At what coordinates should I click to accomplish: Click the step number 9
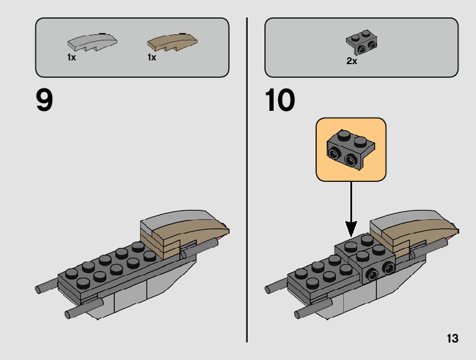point(44,100)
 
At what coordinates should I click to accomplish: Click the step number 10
point(279,100)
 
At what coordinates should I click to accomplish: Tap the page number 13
point(452,339)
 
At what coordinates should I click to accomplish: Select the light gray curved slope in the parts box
point(91,42)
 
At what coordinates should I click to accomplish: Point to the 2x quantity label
point(352,61)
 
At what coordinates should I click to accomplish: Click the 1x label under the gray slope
point(72,57)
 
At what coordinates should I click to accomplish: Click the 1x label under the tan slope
point(151,57)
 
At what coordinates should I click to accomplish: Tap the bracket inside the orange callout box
point(350,149)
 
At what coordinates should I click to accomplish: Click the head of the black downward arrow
point(351,232)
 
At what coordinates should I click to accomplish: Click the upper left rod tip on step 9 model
point(39,289)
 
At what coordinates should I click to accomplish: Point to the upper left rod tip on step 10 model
point(269,289)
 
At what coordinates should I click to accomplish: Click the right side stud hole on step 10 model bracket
point(390,268)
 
